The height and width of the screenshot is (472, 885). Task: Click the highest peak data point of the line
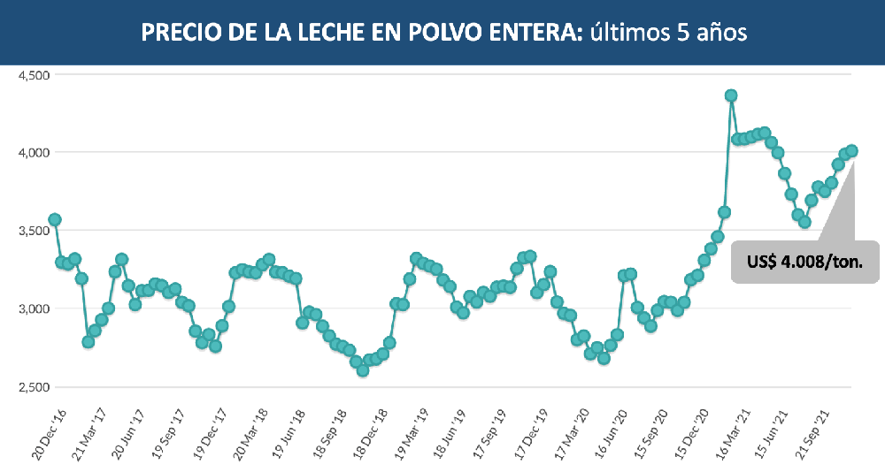[x=731, y=95]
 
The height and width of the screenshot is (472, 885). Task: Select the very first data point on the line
[x=55, y=219]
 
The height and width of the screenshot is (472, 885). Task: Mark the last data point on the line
[x=851, y=151]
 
